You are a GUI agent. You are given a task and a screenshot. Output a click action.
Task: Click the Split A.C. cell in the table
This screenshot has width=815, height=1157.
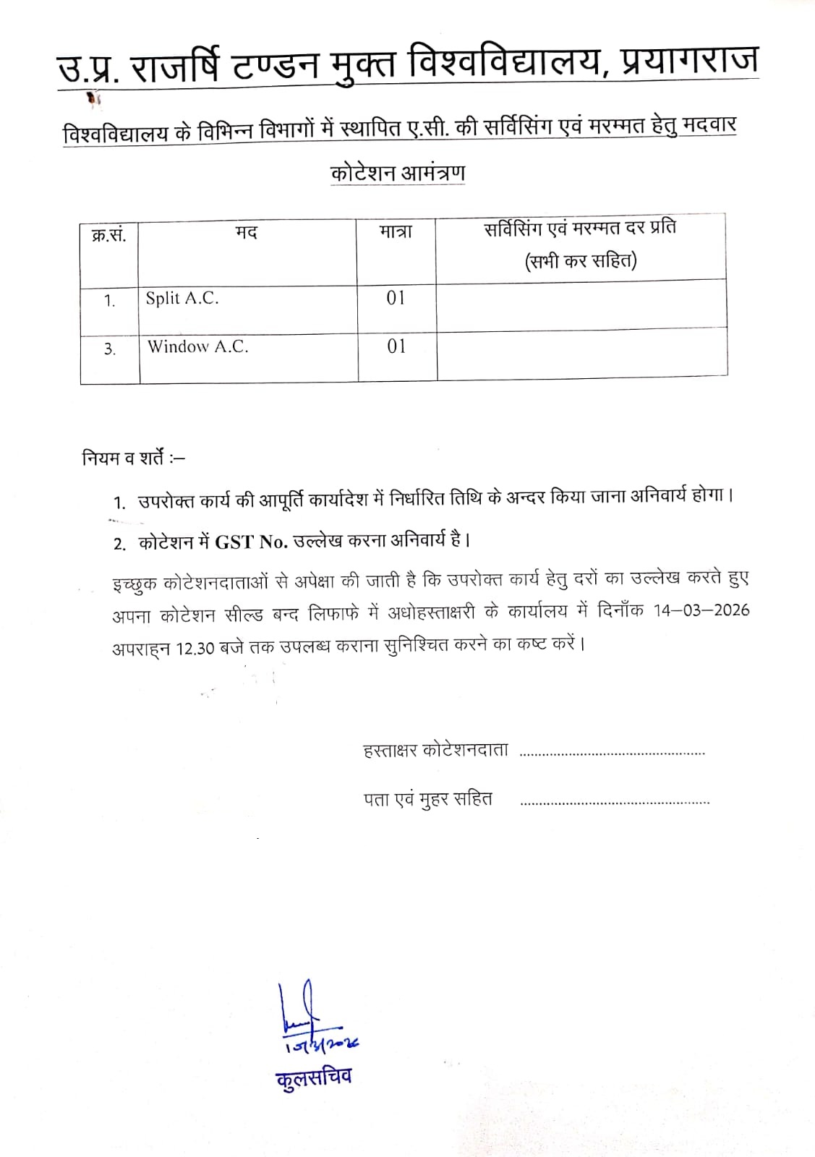pyautogui.click(x=182, y=298)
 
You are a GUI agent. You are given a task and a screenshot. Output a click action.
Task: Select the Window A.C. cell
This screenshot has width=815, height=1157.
pyautogui.click(x=198, y=346)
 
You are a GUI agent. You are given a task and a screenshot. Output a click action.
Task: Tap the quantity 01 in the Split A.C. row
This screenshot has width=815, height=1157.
pyautogui.click(x=396, y=298)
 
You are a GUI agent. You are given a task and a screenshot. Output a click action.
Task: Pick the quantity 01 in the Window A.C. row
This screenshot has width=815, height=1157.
pyautogui.click(x=396, y=346)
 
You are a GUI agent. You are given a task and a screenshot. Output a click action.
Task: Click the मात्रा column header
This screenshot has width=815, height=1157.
pyautogui.click(x=396, y=232)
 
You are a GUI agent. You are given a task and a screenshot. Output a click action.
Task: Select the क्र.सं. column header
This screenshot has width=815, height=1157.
pyautogui.click(x=109, y=235)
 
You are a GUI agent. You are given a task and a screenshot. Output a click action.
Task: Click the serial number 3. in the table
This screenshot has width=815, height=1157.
pyautogui.click(x=110, y=349)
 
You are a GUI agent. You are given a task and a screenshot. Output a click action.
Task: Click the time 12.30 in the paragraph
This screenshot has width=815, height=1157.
pyautogui.click(x=195, y=649)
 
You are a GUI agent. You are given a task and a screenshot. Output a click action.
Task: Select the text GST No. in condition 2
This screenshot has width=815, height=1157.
pyautogui.click(x=252, y=542)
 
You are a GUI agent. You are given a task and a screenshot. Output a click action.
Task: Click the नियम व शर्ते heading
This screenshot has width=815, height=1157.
pyautogui.click(x=133, y=458)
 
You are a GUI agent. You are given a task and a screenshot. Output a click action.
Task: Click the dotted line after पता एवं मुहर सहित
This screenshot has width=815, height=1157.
pyautogui.click(x=615, y=802)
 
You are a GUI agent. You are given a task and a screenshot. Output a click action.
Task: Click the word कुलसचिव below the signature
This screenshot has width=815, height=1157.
pyautogui.click(x=314, y=1078)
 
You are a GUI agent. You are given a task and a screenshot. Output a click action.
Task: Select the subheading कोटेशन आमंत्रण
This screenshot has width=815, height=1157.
pyautogui.click(x=397, y=174)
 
